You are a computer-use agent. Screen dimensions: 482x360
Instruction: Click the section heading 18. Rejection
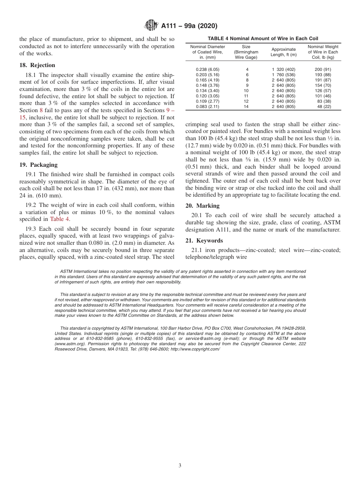[x=37, y=65]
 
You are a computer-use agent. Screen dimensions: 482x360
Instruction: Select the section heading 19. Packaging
[x=38, y=165]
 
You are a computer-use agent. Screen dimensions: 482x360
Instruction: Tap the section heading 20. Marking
[x=202, y=206]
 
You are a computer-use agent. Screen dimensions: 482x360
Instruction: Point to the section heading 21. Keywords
[x=204, y=241]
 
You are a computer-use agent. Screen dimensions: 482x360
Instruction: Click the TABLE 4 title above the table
[x=263, y=39]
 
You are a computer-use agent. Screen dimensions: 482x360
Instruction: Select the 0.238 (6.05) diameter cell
[x=207, y=70]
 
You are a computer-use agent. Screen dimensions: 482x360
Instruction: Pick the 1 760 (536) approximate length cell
[x=283, y=75]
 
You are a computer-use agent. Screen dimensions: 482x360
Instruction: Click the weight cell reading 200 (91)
[x=323, y=70]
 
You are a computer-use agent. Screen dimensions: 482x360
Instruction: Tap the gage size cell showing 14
[x=246, y=107]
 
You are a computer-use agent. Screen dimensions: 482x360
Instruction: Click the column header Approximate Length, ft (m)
[x=283, y=52]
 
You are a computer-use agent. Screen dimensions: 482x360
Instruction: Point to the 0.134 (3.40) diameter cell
[x=207, y=91]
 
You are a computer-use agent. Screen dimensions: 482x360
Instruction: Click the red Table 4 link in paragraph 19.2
[x=60, y=219]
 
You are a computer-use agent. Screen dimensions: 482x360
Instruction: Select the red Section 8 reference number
[x=41, y=110]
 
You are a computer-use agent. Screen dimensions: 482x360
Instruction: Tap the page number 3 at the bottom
[x=180, y=466]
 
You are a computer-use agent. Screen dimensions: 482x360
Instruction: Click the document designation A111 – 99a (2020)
[x=189, y=26]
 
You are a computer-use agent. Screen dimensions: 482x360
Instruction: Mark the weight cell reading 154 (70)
[x=323, y=86]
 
